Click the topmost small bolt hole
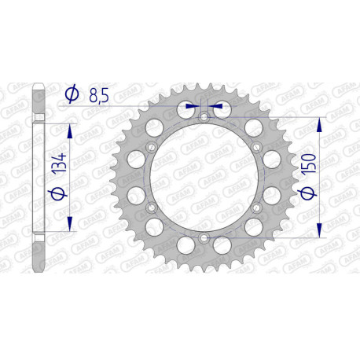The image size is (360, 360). pos(203,118)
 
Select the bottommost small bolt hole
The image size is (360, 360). pos(203,237)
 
